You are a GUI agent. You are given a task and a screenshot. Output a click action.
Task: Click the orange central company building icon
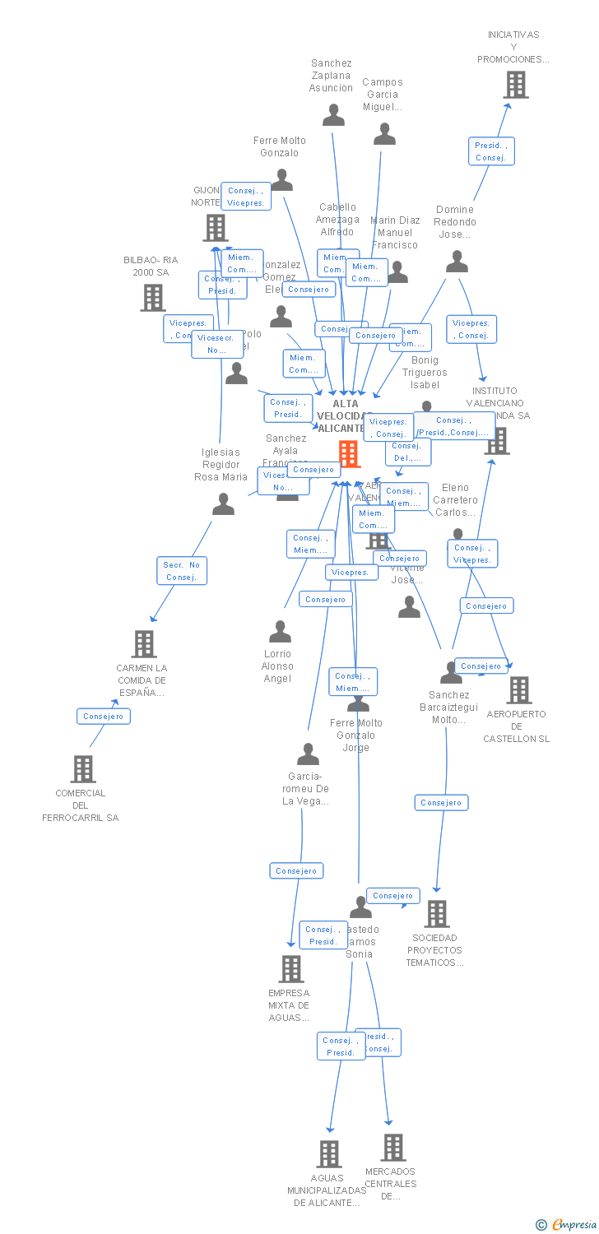pyautogui.click(x=349, y=453)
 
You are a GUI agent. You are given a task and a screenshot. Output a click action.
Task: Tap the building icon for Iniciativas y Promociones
pyautogui.click(x=516, y=85)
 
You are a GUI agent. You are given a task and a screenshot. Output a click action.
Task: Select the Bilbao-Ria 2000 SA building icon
pyautogui.click(x=153, y=298)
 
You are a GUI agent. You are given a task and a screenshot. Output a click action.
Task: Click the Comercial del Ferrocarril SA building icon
pyautogui.click(x=83, y=769)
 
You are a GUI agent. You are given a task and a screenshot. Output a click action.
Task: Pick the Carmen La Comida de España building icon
pyautogui.click(x=144, y=644)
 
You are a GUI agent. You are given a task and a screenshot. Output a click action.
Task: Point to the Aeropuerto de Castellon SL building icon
pyautogui.click(x=519, y=690)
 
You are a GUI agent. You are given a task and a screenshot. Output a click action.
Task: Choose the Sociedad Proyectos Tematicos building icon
pyautogui.click(x=437, y=913)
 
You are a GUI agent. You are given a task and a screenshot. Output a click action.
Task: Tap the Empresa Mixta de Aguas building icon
pyautogui.click(x=291, y=969)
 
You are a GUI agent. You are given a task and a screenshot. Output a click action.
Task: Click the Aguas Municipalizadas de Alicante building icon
pyautogui.click(x=329, y=1153)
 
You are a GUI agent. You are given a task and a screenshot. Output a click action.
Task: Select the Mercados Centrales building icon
pyautogui.click(x=393, y=1147)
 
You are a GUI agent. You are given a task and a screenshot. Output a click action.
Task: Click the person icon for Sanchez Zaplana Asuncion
pyautogui.click(x=333, y=115)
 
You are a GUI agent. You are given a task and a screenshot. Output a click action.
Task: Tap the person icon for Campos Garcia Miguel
pyautogui.click(x=384, y=134)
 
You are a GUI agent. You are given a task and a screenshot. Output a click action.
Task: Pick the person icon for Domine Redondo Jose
pyautogui.click(x=457, y=262)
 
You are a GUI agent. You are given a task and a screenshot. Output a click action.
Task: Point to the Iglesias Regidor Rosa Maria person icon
pyautogui.click(x=223, y=504)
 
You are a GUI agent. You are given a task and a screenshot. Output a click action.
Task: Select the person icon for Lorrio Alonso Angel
pyautogui.click(x=280, y=632)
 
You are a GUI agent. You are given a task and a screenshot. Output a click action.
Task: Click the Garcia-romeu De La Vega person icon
pyautogui.click(x=308, y=754)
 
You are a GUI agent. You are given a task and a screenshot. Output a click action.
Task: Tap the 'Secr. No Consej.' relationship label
pyautogui.click(x=182, y=571)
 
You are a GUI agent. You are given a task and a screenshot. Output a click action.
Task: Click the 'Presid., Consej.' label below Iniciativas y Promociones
pyautogui.click(x=491, y=151)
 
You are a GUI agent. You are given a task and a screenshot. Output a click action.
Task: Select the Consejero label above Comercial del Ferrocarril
pyautogui.click(x=103, y=717)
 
